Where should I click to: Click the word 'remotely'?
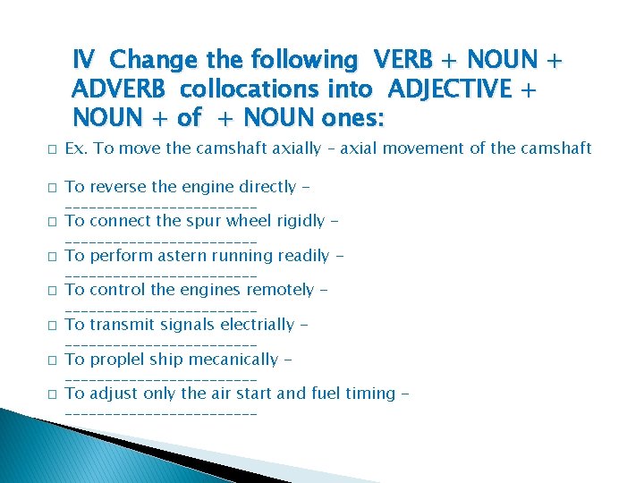click(279, 290)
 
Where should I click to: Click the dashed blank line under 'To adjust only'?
click(161, 414)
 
